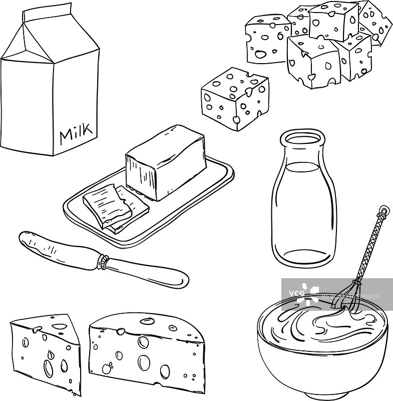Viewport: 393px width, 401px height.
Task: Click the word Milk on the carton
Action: (x=76, y=133)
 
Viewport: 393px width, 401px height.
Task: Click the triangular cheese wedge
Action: (x=45, y=351)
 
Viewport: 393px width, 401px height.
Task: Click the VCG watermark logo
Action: (x=300, y=292)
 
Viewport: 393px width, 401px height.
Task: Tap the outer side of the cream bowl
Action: (x=320, y=366)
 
